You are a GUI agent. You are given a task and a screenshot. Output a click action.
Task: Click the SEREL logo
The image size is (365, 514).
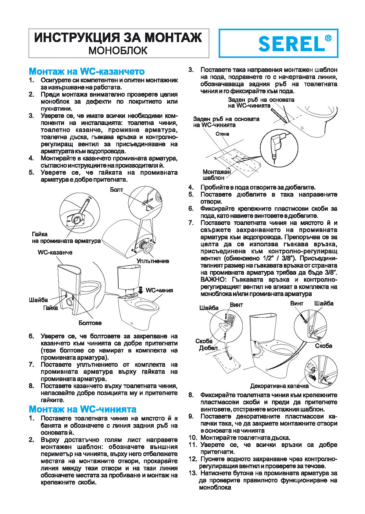pyautogui.click(x=291, y=44)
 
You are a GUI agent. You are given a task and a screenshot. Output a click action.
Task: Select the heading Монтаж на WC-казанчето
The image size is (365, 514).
pyautogui.click(x=87, y=71)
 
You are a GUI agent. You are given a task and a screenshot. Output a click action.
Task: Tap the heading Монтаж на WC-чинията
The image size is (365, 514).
pyautogui.click(x=82, y=409)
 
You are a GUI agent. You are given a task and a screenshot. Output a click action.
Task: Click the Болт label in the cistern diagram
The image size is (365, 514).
pyautogui.click(x=116, y=190)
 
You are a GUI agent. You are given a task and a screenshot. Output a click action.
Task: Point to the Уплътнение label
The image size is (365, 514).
pyautogui.click(x=152, y=261)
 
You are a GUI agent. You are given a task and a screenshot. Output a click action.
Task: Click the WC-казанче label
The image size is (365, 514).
pyautogui.click(x=55, y=252)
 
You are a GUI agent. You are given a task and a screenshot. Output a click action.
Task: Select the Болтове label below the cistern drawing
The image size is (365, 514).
pyautogui.click(x=90, y=323)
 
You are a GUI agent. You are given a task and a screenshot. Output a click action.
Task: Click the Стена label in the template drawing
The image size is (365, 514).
pyautogui.click(x=222, y=134)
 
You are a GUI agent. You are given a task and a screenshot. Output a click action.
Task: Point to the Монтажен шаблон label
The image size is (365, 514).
pyautogui.click(x=216, y=175)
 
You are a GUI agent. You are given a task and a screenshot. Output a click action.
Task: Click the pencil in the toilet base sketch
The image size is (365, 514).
pyautogui.click(x=278, y=114)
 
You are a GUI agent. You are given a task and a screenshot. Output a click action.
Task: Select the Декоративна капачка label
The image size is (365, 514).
pyautogui.click(x=279, y=386)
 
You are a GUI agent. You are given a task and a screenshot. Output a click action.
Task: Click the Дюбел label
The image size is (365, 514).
pyautogui.click(x=208, y=348)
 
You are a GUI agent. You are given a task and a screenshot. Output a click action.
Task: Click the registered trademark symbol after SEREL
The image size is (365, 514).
pyautogui.click(x=328, y=38)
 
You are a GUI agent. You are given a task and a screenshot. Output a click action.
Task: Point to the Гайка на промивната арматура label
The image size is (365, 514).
pyautogui.click(x=66, y=237)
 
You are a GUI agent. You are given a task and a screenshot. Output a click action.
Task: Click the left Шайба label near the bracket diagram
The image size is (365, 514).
pyautogui.click(x=209, y=308)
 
